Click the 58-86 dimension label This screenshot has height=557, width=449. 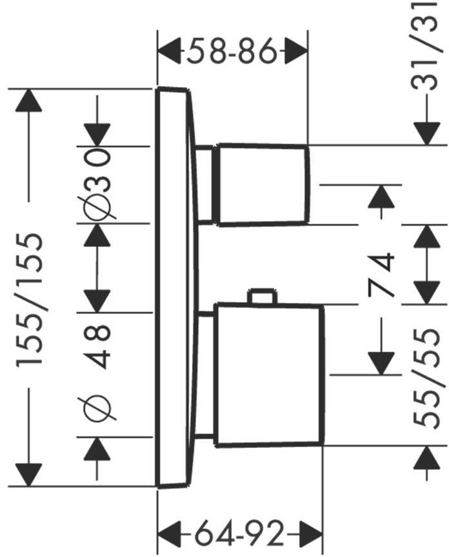pos(232,51)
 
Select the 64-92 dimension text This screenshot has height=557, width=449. pos(239,533)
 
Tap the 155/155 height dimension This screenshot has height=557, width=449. pos(30,298)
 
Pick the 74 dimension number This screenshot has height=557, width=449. pos(381,275)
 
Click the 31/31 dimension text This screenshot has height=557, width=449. pos(426,46)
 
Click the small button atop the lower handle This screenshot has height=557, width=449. pos(263,297)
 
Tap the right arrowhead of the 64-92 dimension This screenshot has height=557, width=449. pos(310,534)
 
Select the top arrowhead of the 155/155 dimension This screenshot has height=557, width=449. pos(29,101)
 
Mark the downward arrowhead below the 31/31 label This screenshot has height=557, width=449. pos(426,133)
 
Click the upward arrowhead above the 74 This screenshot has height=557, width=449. pos(381,197)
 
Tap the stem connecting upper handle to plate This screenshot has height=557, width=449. pos(205,185)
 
